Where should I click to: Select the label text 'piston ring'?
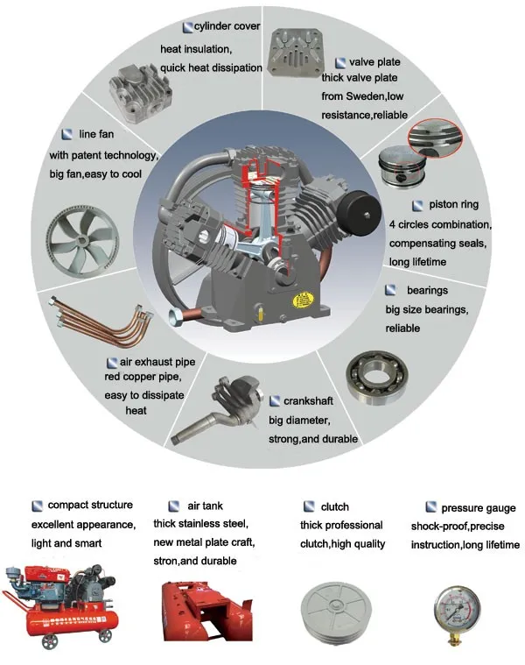pyautogui.click(x=453, y=205)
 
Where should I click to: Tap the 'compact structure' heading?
pyautogui.click(x=90, y=506)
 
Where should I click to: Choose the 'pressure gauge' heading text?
pyautogui.click(x=478, y=507)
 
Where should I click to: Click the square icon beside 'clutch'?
pyautogui.click(x=309, y=506)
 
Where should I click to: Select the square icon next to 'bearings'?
pyautogui.click(x=389, y=289)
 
